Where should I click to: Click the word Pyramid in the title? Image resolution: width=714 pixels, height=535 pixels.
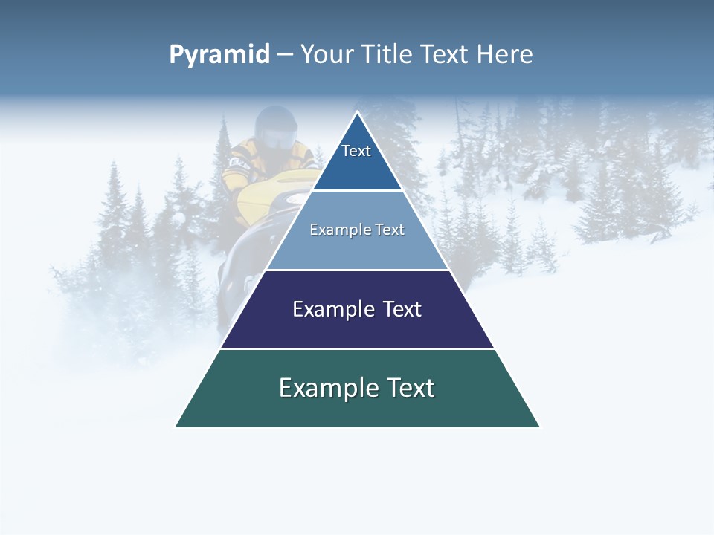click(219, 55)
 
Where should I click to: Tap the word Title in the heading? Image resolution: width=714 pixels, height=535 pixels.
click(389, 55)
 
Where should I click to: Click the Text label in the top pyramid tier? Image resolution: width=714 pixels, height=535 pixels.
click(356, 151)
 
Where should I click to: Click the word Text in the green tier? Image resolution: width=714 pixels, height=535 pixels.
click(409, 388)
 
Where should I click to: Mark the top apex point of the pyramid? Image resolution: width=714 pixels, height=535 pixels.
click(357, 112)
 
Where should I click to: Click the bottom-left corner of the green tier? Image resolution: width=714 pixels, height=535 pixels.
click(176, 427)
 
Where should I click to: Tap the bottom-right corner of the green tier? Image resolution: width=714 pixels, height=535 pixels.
click(539, 427)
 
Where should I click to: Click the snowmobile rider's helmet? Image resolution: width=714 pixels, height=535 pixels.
click(274, 126)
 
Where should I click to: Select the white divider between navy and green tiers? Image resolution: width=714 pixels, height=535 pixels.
click(357, 348)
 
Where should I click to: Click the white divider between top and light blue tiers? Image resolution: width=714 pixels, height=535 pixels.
click(357, 190)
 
